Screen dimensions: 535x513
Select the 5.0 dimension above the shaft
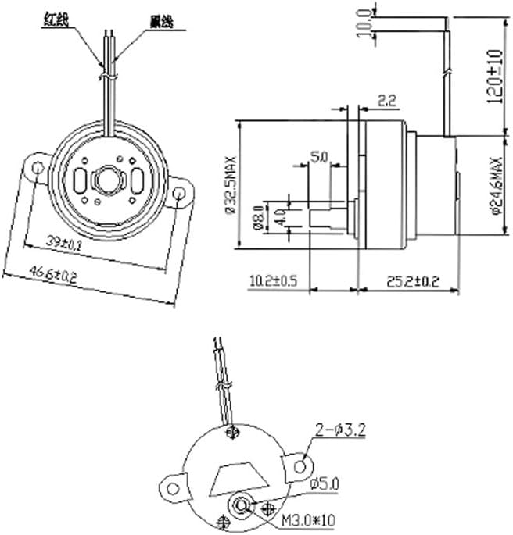(318, 156)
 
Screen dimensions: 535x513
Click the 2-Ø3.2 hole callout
(340, 428)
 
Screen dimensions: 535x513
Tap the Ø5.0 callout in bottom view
(324, 484)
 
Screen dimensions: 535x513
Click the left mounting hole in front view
(36, 167)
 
